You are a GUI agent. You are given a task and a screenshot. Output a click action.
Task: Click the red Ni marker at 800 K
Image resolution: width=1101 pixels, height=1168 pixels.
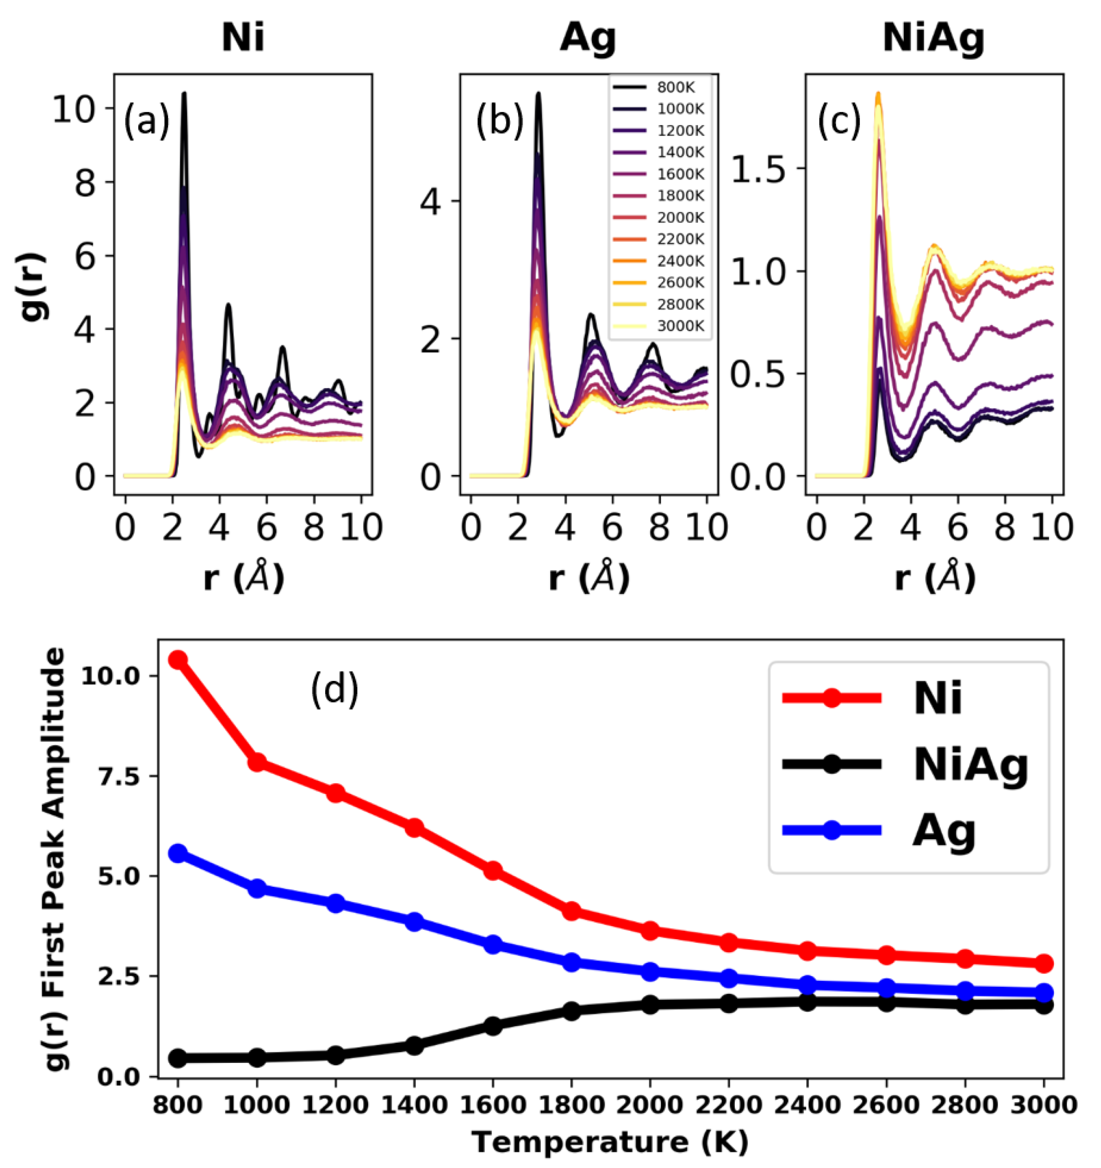[x=178, y=660]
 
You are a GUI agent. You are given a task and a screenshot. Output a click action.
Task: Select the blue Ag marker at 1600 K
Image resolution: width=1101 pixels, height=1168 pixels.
[x=493, y=945]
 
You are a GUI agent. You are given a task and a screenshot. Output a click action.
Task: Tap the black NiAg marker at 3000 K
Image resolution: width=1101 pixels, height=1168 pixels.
[x=1044, y=1005]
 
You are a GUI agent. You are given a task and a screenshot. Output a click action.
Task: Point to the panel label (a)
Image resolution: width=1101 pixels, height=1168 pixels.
[x=146, y=121]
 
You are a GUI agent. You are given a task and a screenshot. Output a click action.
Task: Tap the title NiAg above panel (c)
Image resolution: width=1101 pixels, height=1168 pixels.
[x=934, y=39]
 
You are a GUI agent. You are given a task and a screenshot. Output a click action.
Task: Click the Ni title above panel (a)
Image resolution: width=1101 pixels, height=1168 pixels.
[x=242, y=39]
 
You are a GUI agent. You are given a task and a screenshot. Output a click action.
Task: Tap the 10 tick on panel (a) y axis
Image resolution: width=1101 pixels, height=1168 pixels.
[x=75, y=109]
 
